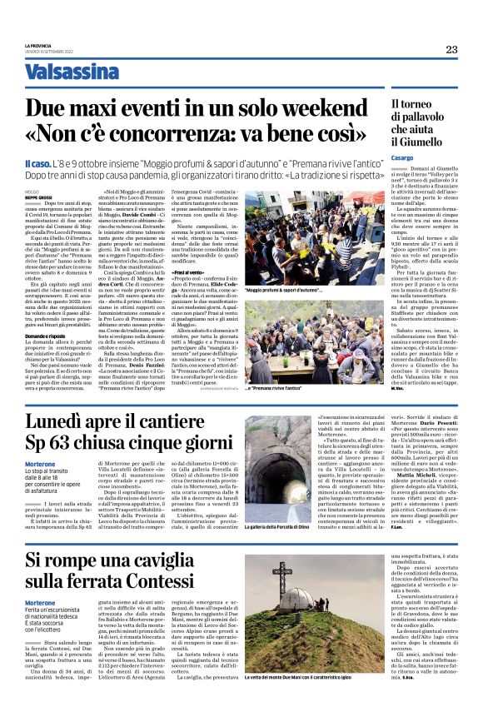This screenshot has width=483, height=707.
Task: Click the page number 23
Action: [451, 50]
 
